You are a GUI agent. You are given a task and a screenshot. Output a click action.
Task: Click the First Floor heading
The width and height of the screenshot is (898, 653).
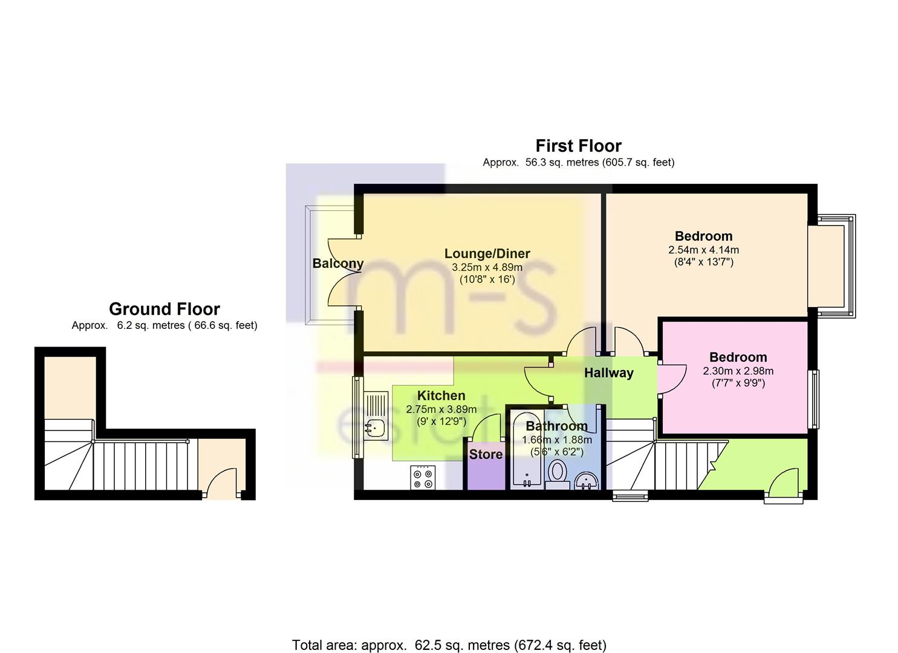(579, 146)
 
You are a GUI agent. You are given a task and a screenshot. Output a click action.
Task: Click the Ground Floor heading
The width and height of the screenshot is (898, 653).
(164, 309)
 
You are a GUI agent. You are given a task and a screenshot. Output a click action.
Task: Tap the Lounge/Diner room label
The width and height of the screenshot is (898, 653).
(487, 253)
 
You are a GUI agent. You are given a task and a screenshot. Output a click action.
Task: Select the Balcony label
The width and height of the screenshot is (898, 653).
(338, 264)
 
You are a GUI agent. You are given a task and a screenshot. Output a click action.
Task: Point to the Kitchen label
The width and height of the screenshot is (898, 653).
(441, 395)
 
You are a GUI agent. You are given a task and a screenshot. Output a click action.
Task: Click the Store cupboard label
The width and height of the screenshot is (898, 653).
(486, 454)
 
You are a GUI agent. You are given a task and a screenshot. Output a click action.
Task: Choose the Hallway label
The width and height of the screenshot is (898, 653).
(608, 373)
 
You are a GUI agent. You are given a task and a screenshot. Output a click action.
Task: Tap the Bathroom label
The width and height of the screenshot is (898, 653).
(557, 426)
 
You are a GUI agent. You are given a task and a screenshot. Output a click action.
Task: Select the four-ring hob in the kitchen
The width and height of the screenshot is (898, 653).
(423, 477)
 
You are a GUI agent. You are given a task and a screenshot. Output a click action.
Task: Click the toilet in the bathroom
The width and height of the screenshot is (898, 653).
(557, 474)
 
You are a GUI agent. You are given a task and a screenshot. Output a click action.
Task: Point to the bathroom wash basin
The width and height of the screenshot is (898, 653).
(587, 481)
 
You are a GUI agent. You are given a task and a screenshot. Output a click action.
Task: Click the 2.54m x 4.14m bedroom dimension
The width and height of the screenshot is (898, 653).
(703, 250)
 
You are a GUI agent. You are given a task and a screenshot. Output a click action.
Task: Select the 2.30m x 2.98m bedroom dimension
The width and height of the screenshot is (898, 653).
(738, 371)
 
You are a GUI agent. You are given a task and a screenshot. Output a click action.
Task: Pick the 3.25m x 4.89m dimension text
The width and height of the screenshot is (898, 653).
(487, 267)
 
